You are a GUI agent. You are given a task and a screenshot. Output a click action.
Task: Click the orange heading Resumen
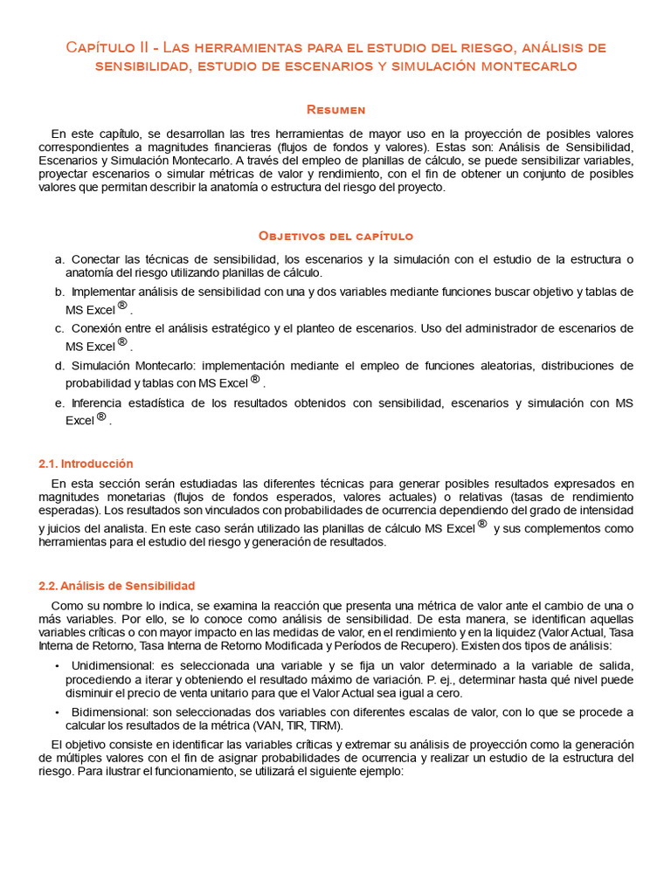click(x=335, y=109)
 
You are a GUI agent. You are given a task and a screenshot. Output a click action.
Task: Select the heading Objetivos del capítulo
click(x=335, y=236)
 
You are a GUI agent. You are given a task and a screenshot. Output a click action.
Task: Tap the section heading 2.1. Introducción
click(x=86, y=464)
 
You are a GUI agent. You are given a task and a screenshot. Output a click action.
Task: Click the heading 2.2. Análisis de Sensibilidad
click(x=117, y=586)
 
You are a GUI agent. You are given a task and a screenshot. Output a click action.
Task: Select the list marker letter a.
click(x=59, y=259)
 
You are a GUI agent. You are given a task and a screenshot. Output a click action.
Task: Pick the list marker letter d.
click(x=59, y=366)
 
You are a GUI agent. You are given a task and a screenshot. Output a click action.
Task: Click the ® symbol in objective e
click(x=101, y=417)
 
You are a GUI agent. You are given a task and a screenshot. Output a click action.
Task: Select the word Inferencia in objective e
click(x=98, y=403)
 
